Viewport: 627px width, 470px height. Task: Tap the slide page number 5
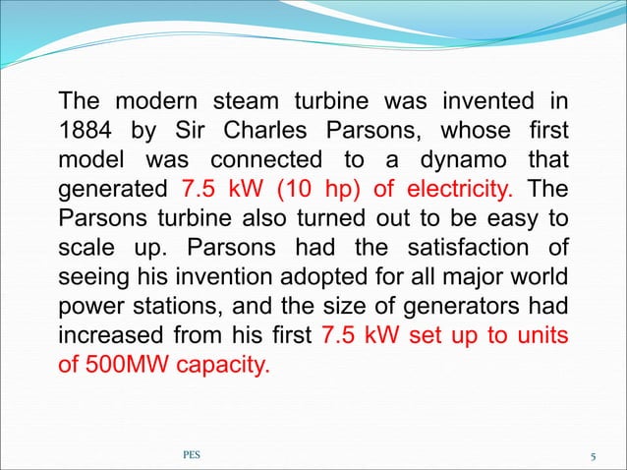click(x=594, y=456)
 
